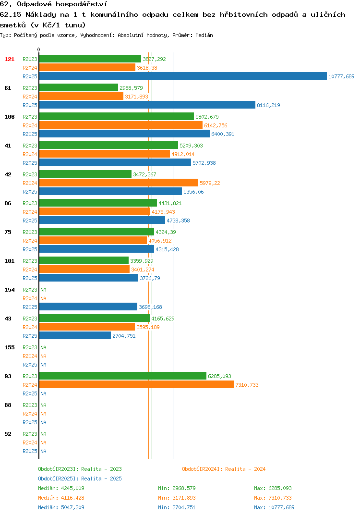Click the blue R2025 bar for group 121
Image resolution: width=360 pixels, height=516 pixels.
(183, 76)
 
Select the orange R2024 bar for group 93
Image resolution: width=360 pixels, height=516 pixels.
(136, 384)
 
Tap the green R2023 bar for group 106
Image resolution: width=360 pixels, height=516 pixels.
(116, 116)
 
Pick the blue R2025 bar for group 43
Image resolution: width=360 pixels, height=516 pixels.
(75, 335)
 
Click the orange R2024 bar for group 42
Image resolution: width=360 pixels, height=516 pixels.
(119, 183)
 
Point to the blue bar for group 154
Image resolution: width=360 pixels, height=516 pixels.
(88, 307)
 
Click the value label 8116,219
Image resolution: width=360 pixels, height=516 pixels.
(268, 105)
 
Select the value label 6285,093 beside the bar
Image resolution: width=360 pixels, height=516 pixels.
(219, 376)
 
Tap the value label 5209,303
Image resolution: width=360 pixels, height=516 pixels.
(191, 146)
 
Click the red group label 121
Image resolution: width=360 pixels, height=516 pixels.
(10, 59)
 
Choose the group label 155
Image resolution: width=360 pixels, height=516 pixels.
(10, 347)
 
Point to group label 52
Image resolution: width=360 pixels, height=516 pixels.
(8, 434)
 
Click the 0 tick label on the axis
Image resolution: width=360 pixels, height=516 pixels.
(39, 49)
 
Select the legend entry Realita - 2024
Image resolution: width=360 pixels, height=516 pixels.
(224, 469)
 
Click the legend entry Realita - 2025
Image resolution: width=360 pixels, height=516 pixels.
(80, 479)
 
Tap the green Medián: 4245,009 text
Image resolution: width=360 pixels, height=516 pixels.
(61, 488)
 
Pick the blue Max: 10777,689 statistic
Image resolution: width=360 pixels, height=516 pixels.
(274, 507)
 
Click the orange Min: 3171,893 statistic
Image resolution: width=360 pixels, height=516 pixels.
(177, 498)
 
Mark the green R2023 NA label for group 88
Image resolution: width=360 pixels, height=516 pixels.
(43, 405)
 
